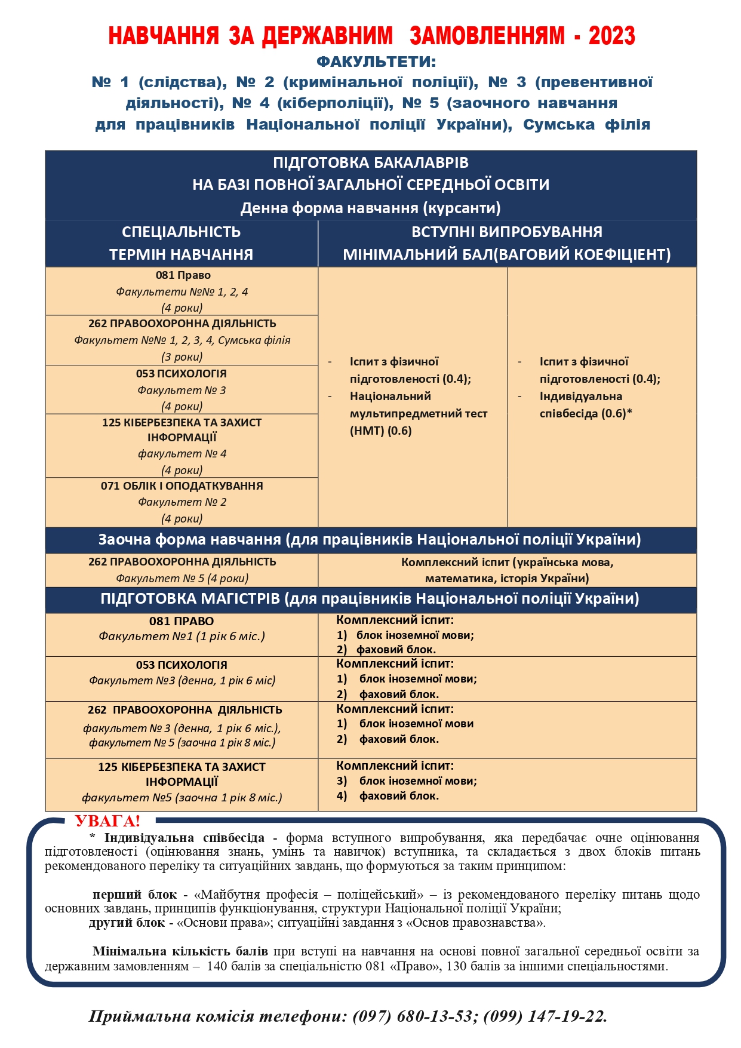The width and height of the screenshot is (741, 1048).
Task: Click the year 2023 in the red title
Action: (611, 36)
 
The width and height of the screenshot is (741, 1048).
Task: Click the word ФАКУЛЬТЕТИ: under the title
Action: (376, 62)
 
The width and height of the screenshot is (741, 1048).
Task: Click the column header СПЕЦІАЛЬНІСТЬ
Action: (181, 232)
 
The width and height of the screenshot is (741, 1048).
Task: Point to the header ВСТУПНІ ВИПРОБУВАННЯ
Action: (506, 232)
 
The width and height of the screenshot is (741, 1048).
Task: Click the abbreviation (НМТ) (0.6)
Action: (381, 431)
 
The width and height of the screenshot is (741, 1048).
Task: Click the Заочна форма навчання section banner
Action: (370, 540)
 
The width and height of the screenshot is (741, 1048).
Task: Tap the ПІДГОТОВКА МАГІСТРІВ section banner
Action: (370, 599)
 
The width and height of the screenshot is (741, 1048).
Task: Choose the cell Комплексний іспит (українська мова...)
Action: (507, 570)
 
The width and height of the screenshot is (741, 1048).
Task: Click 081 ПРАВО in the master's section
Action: (182, 621)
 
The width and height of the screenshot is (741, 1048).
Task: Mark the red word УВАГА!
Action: (107, 821)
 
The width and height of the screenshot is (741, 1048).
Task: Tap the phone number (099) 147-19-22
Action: (545, 1016)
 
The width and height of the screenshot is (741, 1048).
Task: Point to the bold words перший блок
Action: (134, 895)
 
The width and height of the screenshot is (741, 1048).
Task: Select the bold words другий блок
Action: (127, 923)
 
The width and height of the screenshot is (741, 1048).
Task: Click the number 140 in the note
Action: (217, 966)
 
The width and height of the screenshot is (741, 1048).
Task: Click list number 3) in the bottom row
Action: (342, 780)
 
